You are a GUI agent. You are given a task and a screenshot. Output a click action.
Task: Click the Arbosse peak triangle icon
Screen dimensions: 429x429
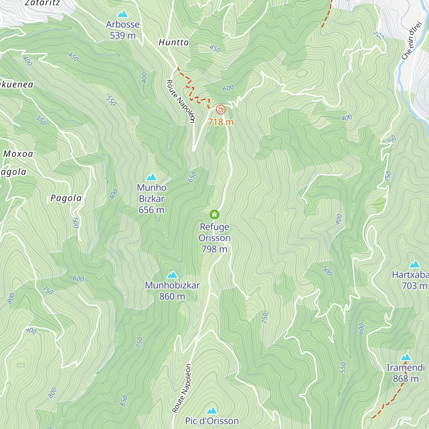(123, 14)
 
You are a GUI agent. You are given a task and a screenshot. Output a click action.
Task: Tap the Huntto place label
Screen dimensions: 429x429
(173, 42)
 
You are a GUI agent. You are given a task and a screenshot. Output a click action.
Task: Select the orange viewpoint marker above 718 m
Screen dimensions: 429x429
(221, 109)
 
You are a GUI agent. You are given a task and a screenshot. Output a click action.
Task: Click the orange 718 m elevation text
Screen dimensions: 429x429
(221, 122)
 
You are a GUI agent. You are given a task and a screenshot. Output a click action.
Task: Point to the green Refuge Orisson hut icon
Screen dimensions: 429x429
(214, 214)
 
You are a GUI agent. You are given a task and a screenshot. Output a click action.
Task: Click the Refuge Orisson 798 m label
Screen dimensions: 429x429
(214, 238)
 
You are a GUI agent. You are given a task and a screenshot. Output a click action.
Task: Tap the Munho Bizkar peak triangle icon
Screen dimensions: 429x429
(152, 177)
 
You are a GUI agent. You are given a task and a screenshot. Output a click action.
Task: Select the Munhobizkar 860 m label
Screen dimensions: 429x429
(172, 291)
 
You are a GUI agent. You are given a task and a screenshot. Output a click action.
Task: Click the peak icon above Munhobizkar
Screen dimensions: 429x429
(172, 275)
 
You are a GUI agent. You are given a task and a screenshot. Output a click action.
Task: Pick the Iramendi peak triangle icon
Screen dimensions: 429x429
(406, 357)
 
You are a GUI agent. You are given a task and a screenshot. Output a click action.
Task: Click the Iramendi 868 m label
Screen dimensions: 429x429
(406, 373)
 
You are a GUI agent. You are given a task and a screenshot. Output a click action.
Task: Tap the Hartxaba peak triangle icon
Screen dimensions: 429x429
(415, 265)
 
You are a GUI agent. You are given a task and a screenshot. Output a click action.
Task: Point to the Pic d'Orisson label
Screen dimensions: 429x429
(212, 421)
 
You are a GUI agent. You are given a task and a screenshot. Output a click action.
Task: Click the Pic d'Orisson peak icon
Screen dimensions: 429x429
(212, 410)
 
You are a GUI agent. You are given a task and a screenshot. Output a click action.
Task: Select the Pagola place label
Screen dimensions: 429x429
(66, 198)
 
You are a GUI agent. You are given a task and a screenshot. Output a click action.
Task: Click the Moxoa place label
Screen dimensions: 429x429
(18, 154)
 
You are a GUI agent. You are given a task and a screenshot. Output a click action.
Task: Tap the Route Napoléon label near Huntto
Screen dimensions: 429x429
(181, 101)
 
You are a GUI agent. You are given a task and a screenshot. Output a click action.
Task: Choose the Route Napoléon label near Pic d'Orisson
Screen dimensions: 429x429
(182, 388)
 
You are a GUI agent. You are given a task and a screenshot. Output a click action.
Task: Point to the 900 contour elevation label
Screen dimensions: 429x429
(31, 331)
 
